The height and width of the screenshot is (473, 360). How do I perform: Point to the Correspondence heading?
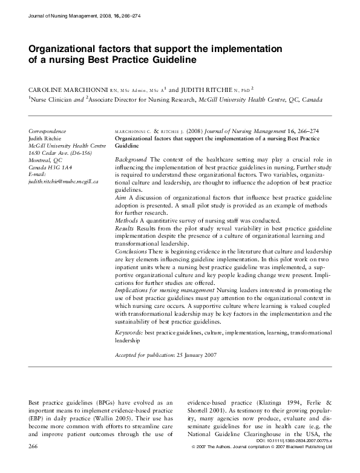[47, 131]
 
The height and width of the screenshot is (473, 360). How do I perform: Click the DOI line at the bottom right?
[309, 459]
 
